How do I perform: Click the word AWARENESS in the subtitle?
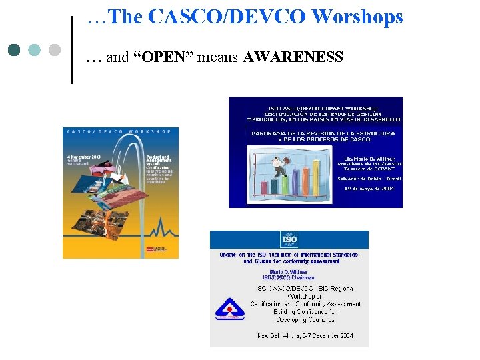[293, 57]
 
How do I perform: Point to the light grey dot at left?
[55, 49]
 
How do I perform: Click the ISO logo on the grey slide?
[289, 240]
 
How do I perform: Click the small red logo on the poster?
[150, 250]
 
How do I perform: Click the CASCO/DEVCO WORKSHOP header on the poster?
[120, 131]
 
